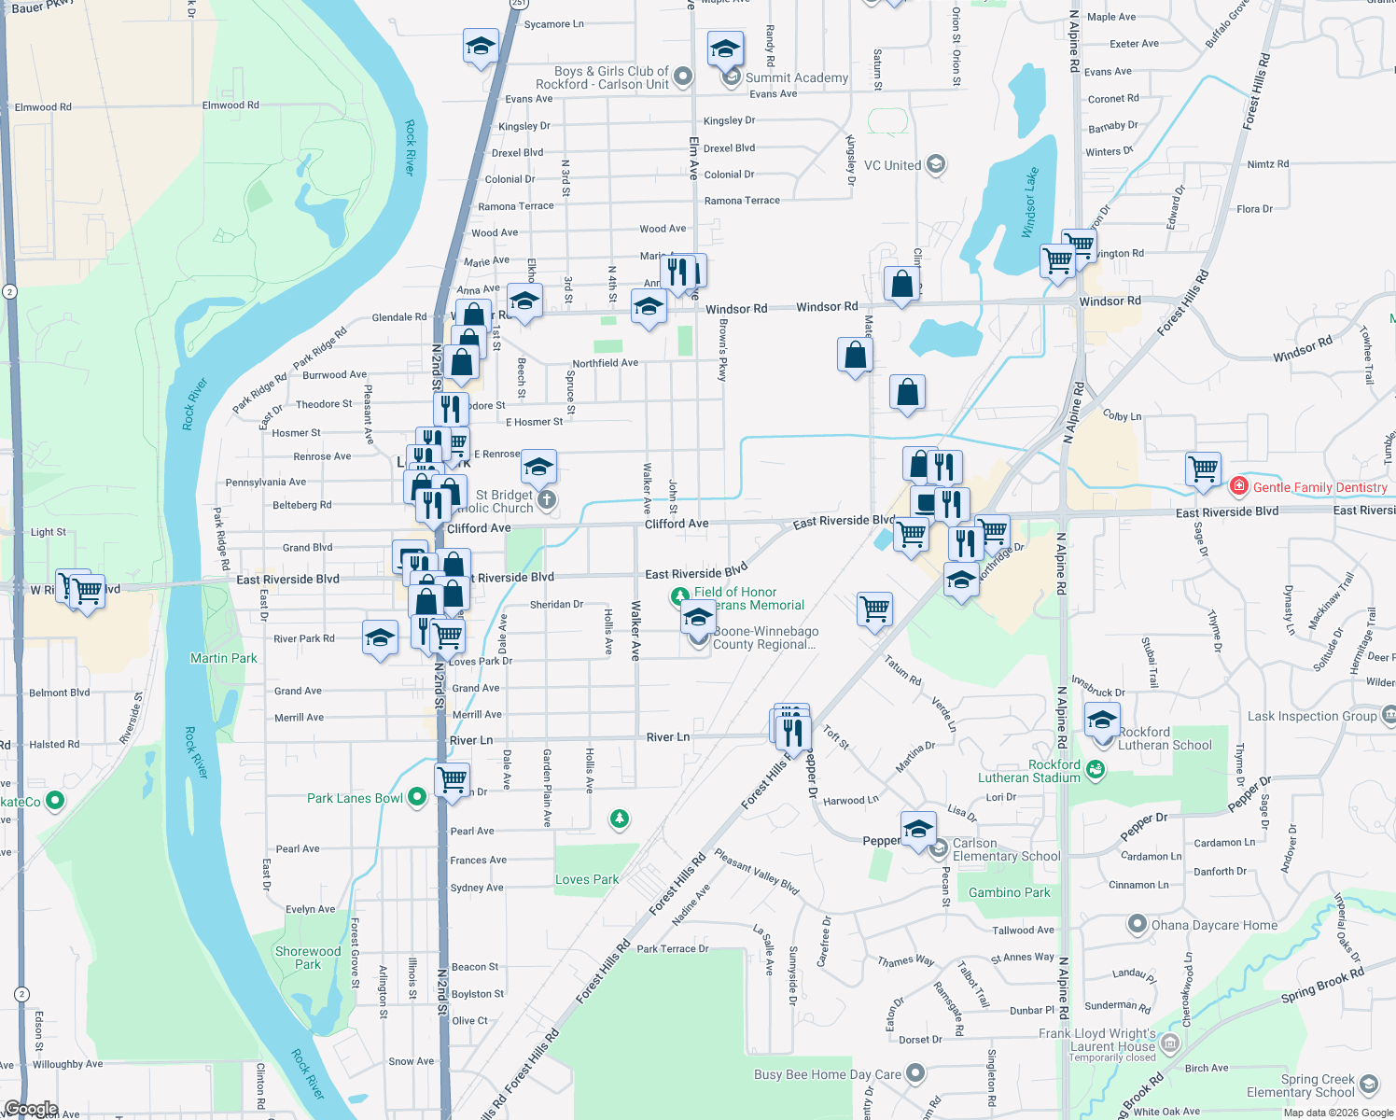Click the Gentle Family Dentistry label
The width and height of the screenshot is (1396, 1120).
click(1319, 487)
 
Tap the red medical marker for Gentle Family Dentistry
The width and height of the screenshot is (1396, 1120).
click(1238, 486)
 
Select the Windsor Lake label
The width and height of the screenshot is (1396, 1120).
click(1030, 203)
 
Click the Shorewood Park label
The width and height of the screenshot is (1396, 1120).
click(308, 958)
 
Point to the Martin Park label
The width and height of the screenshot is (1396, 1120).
click(224, 658)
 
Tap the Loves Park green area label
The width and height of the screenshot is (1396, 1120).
click(587, 879)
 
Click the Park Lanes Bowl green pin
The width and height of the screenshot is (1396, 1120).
click(417, 797)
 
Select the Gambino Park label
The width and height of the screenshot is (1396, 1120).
click(1010, 892)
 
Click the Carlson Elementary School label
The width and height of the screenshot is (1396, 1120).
click(1006, 849)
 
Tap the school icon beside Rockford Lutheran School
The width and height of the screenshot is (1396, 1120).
click(1102, 721)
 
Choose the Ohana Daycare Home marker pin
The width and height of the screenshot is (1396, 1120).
click(1137, 925)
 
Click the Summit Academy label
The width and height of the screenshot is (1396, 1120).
click(797, 78)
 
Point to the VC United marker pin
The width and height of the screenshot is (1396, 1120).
click(936, 165)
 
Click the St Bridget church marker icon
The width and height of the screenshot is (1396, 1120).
click(547, 500)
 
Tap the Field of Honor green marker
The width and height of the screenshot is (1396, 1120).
click(680, 595)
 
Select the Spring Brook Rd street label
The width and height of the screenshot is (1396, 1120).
click(1322, 986)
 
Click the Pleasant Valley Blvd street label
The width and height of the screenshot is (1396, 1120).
click(757, 872)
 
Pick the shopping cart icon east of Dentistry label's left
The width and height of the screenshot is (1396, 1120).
click(1203, 469)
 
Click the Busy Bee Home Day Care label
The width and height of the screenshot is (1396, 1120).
click(827, 1074)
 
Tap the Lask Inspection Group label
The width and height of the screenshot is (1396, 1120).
click(1312, 716)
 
